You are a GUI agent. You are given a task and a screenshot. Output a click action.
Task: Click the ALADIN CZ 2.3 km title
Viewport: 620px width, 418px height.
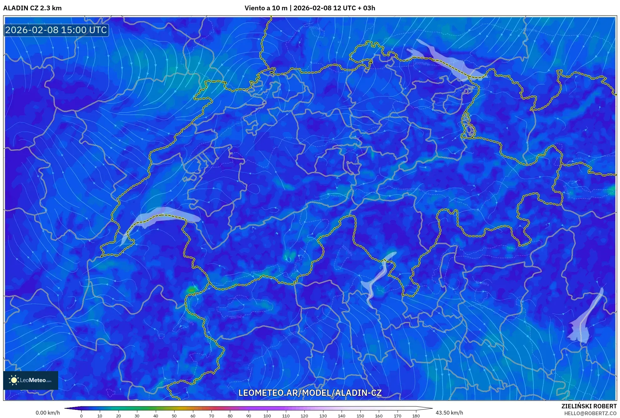(x=33, y=8)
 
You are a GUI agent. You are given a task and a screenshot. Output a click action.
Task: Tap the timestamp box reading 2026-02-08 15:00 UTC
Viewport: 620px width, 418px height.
(x=56, y=30)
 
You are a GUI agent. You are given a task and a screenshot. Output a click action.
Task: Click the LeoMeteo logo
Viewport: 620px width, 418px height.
(x=31, y=380)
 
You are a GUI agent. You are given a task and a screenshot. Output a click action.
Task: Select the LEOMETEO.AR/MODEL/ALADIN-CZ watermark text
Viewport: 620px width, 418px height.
(x=310, y=393)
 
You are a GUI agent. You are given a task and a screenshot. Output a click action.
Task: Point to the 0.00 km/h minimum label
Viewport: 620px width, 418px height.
(x=48, y=413)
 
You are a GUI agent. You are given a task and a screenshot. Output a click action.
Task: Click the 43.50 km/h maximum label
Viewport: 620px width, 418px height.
(x=449, y=413)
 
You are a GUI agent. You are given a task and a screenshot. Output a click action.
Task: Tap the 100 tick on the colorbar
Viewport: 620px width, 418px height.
(x=267, y=416)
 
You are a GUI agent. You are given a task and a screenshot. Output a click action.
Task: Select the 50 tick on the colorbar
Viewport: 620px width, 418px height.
(x=174, y=416)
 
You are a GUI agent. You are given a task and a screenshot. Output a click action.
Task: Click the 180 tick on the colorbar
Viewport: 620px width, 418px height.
(x=416, y=416)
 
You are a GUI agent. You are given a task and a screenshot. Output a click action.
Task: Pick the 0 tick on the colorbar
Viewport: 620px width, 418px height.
(x=81, y=416)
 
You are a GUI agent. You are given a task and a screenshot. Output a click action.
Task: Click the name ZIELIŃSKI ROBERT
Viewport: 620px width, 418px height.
(x=589, y=406)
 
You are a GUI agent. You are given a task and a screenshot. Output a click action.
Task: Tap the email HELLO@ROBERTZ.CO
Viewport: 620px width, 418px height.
(x=590, y=413)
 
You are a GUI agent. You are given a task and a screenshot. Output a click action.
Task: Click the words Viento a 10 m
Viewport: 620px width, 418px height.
(x=266, y=8)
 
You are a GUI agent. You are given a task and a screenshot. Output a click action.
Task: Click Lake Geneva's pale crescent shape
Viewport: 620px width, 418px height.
(x=163, y=216)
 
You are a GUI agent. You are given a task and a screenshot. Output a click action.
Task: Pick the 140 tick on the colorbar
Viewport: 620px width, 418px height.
(x=341, y=416)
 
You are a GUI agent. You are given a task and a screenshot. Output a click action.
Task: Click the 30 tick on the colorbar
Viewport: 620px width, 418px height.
(x=137, y=416)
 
